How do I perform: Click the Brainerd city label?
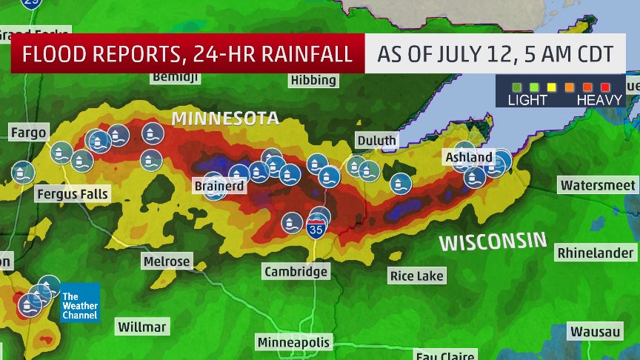[219, 186]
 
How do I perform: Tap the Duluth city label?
[376, 140]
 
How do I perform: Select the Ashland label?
[468, 157]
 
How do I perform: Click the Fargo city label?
[29, 133]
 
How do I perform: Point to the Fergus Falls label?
[72, 194]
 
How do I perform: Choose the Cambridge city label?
[296, 272]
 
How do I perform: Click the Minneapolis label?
[294, 342]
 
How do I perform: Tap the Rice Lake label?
[417, 276]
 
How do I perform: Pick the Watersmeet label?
[599, 185]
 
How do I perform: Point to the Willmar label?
[143, 327]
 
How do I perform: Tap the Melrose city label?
[166, 261]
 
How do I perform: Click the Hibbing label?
[314, 80]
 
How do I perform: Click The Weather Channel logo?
[79, 302]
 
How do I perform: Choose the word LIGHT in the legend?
[527, 99]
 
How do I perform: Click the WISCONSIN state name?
[492, 242]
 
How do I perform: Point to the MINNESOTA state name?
[225, 119]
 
